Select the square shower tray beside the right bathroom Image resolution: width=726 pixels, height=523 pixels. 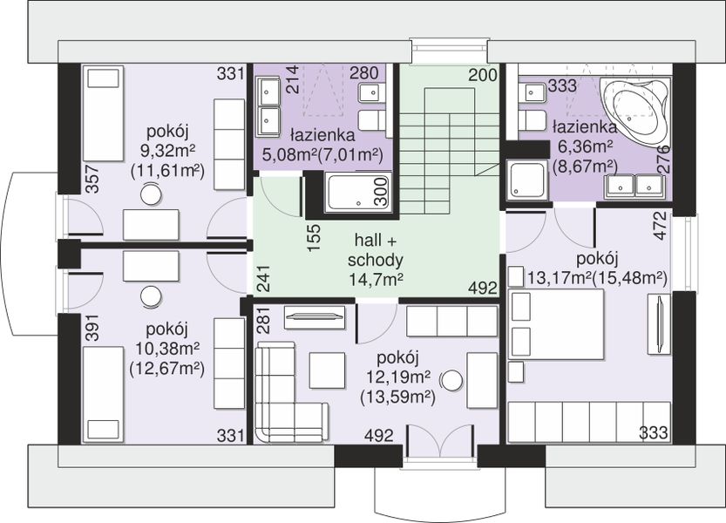(526, 179)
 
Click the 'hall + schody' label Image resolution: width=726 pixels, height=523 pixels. (375, 250)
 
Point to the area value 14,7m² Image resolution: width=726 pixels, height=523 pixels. (375, 279)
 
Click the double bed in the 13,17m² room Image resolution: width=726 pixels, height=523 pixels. (556, 324)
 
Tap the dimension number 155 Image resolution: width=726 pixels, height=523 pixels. (314, 237)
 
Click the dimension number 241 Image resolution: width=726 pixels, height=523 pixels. (263, 278)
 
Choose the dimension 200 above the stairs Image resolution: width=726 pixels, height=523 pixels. (483, 75)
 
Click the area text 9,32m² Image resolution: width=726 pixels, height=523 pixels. (167, 151)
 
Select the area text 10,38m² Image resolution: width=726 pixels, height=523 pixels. (167, 348)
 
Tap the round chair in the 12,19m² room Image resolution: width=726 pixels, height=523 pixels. (451, 381)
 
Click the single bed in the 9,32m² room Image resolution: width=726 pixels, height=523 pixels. (103, 113)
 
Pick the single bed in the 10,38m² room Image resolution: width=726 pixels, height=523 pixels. (103, 395)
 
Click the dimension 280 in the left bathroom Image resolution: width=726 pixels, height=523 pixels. (364, 72)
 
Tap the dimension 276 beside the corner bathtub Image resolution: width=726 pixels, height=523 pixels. (664, 160)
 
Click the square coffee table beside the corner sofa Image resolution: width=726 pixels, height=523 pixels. (327, 370)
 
